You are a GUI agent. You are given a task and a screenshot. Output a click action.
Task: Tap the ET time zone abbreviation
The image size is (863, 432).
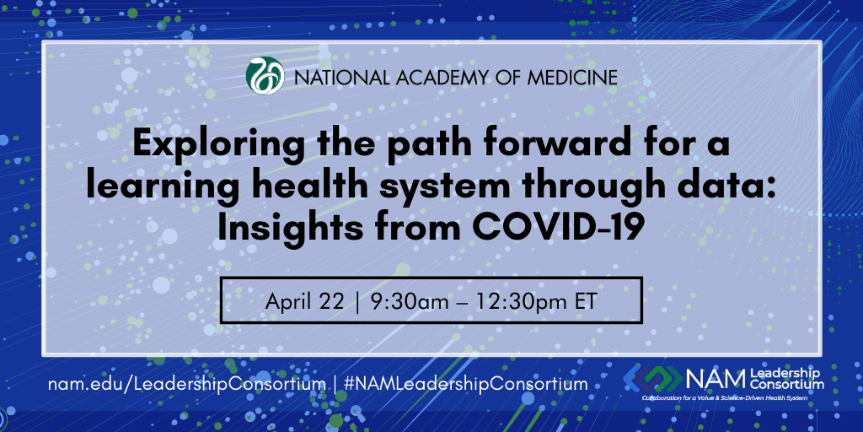point(585,301)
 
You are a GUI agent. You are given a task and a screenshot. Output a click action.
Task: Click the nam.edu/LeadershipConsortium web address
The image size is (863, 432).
point(186,384)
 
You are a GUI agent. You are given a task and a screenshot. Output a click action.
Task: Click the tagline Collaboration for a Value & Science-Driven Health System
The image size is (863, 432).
point(732,397)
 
